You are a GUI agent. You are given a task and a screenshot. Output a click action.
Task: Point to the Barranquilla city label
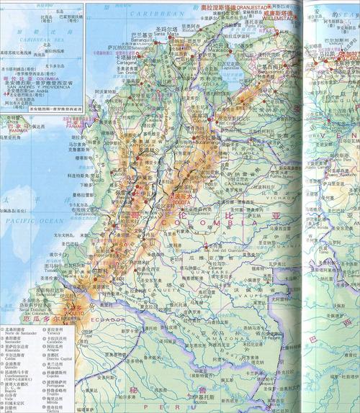click(159, 40)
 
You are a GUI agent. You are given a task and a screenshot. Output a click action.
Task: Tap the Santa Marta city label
click(175, 34)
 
